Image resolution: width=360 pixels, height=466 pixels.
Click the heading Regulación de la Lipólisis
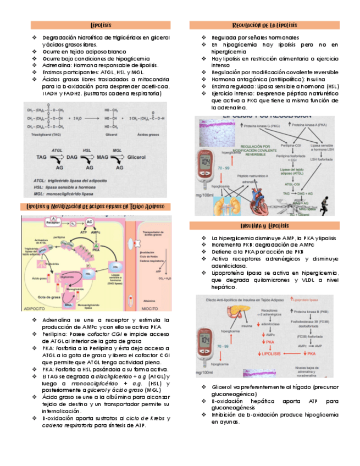point(264,25)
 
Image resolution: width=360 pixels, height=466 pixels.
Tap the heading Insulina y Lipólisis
point(264,226)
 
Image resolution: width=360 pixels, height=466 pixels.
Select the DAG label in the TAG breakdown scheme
point(87,157)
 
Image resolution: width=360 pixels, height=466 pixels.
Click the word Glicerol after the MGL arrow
point(135,157)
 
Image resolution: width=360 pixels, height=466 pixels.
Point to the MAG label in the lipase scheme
point(103,157)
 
